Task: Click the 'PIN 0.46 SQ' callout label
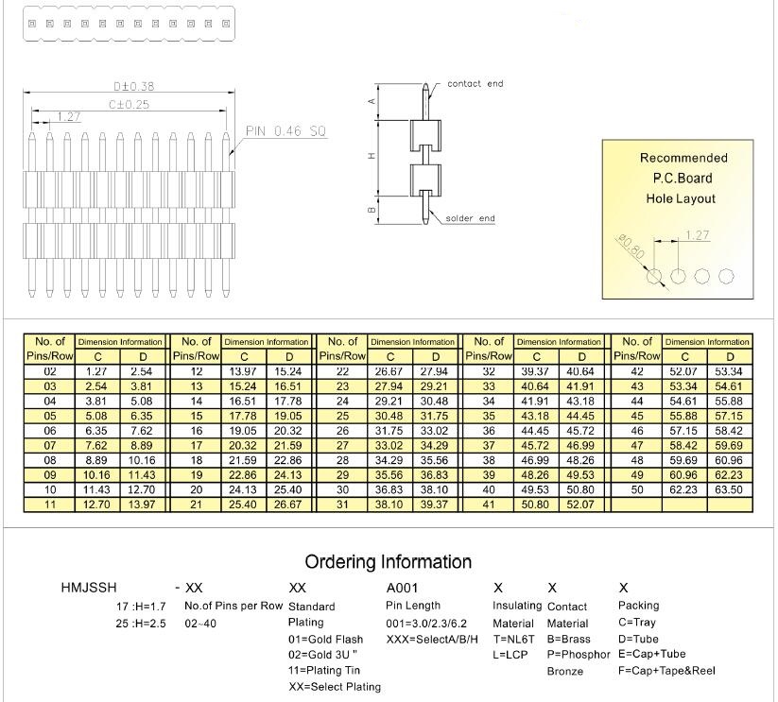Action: coord(286,131)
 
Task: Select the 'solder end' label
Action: coord(470,219)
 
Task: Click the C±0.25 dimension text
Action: coord(129,105)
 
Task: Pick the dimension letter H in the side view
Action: coord(372,155)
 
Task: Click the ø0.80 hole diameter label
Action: coord(630,248)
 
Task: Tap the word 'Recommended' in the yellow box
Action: coord(683,158)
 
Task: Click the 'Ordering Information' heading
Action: coord(389,562)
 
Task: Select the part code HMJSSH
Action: coord(89,588)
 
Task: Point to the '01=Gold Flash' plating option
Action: coord(325,640)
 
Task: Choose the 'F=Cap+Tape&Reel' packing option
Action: coord(666,671)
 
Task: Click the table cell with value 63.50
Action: coord(729,490)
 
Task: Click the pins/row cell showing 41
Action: coord(490,505)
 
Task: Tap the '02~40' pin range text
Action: coord(201,624)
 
